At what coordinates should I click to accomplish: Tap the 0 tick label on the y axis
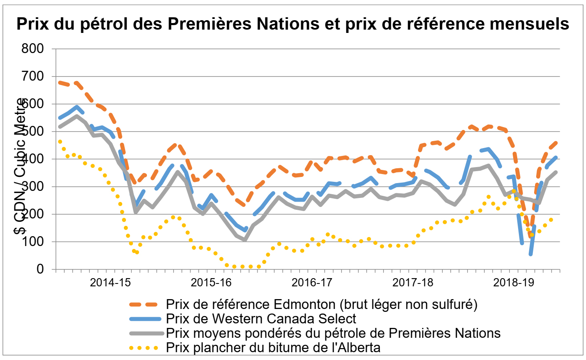[x=40, y=269]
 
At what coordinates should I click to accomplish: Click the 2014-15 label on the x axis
[x=110, y=283]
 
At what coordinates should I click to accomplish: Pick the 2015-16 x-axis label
[x=211, y=283]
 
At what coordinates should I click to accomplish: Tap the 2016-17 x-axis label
[x=312, y=283]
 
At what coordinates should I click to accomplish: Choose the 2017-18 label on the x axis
[x=413, y=283]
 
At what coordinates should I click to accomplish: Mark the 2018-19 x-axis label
[x=514, y=283]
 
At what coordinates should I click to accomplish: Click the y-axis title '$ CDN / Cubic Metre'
[x=20, y=167]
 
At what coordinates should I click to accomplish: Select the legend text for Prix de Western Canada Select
[x=261, y=319]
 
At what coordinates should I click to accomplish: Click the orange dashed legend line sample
[x=144, y=304]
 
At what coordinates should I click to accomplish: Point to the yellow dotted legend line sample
[x=144, y=348]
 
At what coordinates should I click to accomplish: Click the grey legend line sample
[x=144, y=333]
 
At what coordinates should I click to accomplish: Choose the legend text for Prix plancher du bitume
[x=273, y=348]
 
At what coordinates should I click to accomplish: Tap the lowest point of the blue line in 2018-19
[x=531, y=254]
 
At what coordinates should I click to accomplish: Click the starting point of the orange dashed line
[x=60, y=82]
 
